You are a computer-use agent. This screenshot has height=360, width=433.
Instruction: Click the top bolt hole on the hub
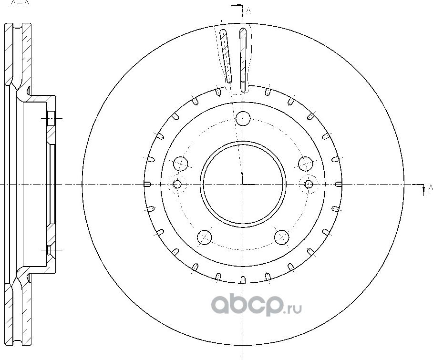(244, 117)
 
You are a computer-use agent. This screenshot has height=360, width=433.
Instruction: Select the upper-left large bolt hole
(181, 164)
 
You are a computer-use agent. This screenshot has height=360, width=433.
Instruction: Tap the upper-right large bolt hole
(306, 164)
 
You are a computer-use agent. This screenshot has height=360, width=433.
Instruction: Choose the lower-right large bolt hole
(282, 237)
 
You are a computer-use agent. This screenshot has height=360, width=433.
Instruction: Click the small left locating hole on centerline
(177, 184)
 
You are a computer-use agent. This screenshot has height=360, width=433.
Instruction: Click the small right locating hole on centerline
(309, 184)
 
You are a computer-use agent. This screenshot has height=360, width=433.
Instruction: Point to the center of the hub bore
(243, 184)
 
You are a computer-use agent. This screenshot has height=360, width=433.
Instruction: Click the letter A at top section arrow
(248, 10)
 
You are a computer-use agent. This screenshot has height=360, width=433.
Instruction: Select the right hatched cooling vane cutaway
(243, 57)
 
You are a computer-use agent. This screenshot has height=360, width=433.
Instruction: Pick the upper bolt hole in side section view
(51, 118)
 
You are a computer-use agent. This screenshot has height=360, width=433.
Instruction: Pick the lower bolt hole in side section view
(51, 249)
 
